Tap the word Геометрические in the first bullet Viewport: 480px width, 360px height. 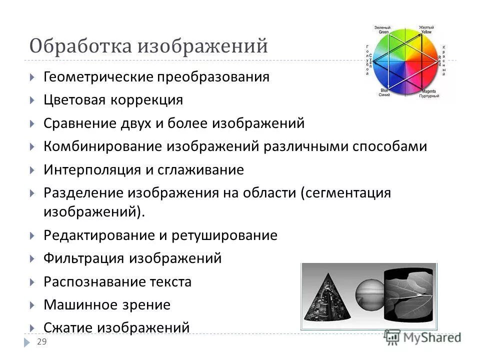(x=98, y=77)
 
